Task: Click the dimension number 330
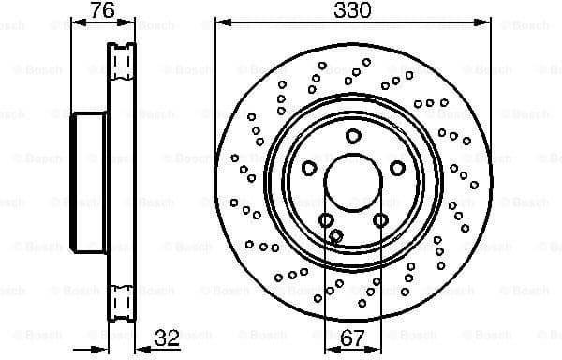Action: [x=353, y=10]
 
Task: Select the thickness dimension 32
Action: [x=167, y=336]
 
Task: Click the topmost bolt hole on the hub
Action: [x=353, y=137]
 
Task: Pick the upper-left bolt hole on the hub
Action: [x=309, y=168]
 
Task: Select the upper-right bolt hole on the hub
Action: [x=397, y=168]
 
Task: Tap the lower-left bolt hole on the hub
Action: [x=326, y=219]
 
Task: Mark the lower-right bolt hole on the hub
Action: [x=380, y=219]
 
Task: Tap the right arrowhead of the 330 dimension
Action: [x=486, y=22]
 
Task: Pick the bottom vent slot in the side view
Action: [x=121, y=302]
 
